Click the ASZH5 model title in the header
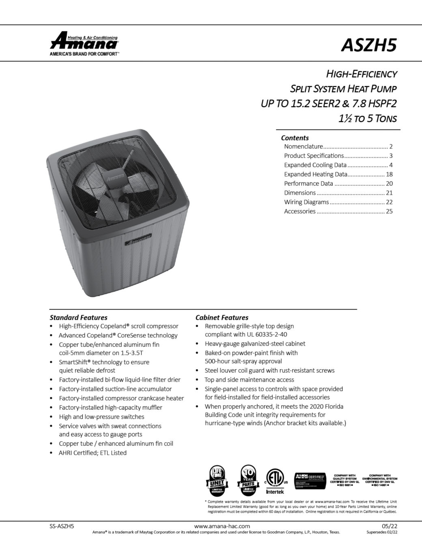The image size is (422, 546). (368, 45)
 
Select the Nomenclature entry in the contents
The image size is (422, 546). (304, 146)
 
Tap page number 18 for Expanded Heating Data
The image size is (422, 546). (389, 174)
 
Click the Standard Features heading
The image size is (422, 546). (78, 318)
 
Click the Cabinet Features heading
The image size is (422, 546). (222, 318)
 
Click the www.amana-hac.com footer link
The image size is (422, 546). (222, 526)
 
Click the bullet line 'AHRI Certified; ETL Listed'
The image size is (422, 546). (93, 453)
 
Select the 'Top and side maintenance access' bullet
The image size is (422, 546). (249, 380)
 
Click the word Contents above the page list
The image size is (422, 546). (295, 138)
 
